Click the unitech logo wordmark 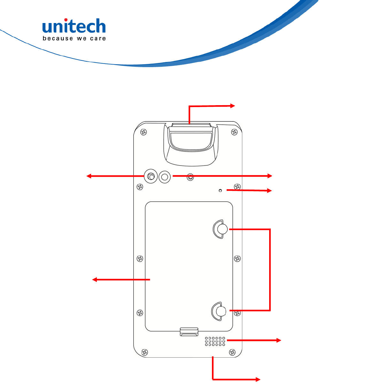pos(74,26)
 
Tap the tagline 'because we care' pos(74,39)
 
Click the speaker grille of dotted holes pos(215,341)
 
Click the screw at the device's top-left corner pos(144,132)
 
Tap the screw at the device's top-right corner pos(234,132)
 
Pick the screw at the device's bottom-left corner pos(144,352)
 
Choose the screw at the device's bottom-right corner pos(232,352)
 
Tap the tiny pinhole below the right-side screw pos(220,191)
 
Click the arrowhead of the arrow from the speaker pos(279,340)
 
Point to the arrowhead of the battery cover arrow pos(95,280)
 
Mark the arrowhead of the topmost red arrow pos(233,105)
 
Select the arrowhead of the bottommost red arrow pos(258,379)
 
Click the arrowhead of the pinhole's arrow pos(270,191)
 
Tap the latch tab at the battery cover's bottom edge pos(189,331)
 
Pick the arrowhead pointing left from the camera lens pos(89,176)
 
